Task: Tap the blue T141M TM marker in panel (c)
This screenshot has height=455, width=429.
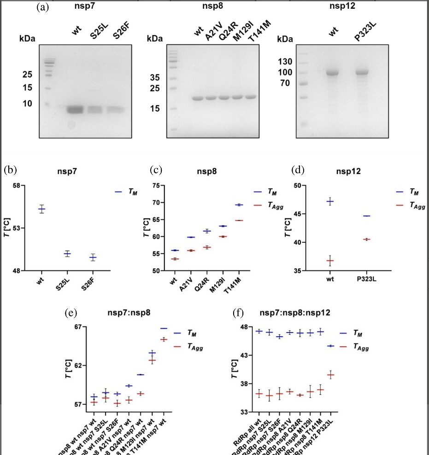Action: click(239, 205)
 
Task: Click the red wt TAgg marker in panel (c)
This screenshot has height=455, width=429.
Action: click(175, 259)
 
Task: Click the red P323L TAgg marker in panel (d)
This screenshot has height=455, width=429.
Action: click(366, 239)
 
